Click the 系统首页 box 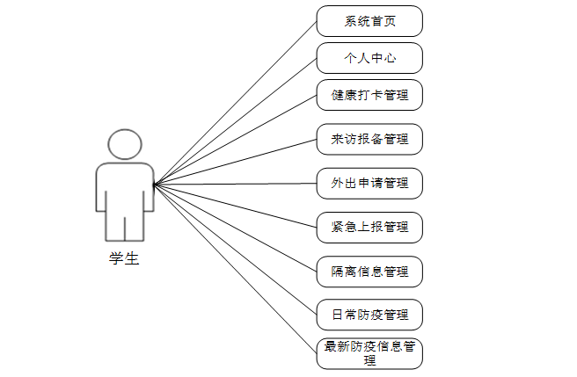pyautogui.click(x=369, y=21)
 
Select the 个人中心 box pyautogui.click(x=369, y=58)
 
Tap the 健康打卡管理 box pyautogui.click(x=369, y=94)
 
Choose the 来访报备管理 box pyautogui.click(x=369, y=139)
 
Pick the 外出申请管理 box pyautogui.click(x=369, y=184)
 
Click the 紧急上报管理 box pyautogui.click(x=369, y=227)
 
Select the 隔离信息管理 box pyautogui.click(x=369, y=271)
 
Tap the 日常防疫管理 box pyautogui.click(x=369, y=314)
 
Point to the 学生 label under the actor pyautogui.click(x=124, y=258)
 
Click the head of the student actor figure pyautogui.click(x=124, y=144)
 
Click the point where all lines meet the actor pyautogui.click(x=155, y=185)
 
